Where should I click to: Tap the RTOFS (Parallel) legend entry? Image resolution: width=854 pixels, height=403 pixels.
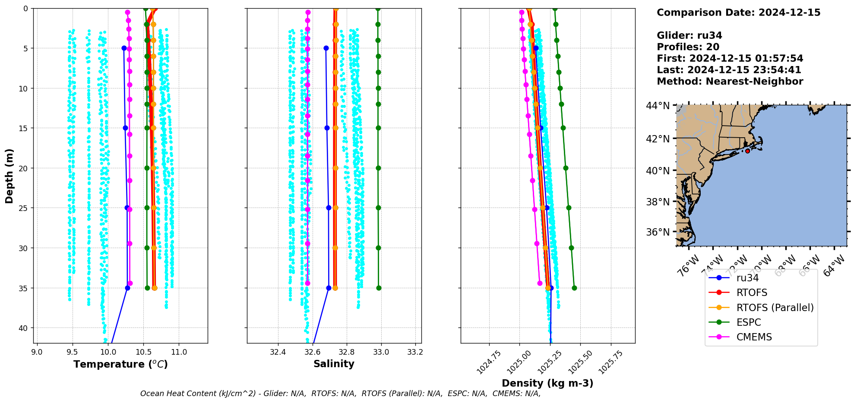click(775, 308)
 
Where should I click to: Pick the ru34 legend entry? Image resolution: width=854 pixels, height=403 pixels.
click(747, 278)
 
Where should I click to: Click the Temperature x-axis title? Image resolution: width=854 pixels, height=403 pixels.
click(120, 364)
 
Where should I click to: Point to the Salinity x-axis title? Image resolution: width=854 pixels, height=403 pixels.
click(334, 364)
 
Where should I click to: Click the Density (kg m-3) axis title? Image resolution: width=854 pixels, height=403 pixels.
click(547, 383)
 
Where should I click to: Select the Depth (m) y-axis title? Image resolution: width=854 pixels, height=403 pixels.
click(9, 176)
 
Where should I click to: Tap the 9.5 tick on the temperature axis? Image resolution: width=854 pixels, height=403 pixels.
click(73, 352)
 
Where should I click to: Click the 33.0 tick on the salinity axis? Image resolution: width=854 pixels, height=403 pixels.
click(381, 352)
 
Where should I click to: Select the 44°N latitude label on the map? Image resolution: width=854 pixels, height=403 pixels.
click(658, 106)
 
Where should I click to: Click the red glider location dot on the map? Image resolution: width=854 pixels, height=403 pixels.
click(747, 151)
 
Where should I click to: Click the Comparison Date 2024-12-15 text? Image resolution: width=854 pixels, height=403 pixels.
click(738, 13)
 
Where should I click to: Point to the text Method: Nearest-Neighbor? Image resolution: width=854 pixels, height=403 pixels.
click(730, 82)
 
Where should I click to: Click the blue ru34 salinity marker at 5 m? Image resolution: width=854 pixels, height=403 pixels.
click(326, 48)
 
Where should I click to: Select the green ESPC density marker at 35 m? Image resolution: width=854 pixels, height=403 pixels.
click(574, 288)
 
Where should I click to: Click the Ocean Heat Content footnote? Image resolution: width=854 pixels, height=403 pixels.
click(340, 394)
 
